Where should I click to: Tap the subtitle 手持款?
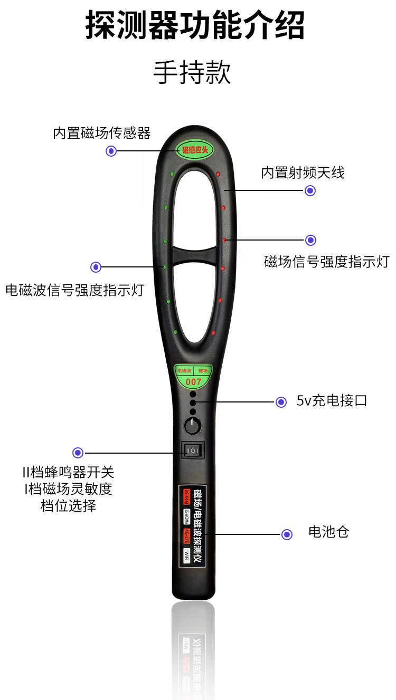click(x=192, y=72)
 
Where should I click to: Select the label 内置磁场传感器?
click(x=102, y=133)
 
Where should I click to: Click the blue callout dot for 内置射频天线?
click(x=310, y=191)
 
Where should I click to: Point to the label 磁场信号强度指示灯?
click(x=326, y=262)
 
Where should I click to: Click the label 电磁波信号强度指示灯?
click(x=74, y=290)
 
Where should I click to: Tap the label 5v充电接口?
click(x=332, y=401)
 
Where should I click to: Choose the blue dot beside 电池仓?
click(x=287, y=535)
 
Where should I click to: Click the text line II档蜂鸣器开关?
click(x=68, y=472)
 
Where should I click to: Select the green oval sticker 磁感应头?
click(x=195, y=149)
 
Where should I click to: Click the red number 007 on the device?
click(x=194, y=381)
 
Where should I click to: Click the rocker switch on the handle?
click(x=193, y=450)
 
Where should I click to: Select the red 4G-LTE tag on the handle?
click(x=186, y=536)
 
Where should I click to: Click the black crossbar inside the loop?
click(x=194, y=256)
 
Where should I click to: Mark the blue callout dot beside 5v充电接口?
click(x=281, y=402)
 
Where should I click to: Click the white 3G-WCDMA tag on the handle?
click(x=186, y=516)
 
